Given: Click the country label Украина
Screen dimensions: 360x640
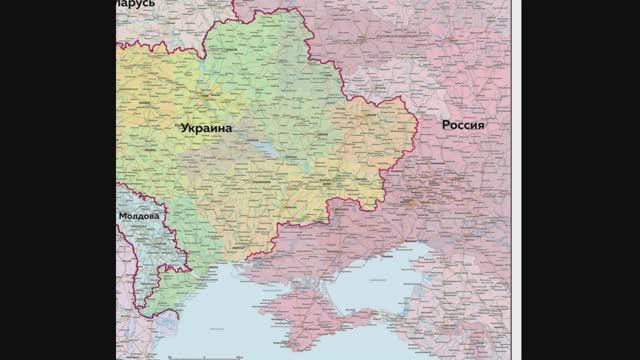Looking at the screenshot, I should [206, 129].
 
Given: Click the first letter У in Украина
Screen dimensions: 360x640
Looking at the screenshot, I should [184, 129].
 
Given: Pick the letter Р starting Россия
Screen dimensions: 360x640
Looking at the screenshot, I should [445, 125].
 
